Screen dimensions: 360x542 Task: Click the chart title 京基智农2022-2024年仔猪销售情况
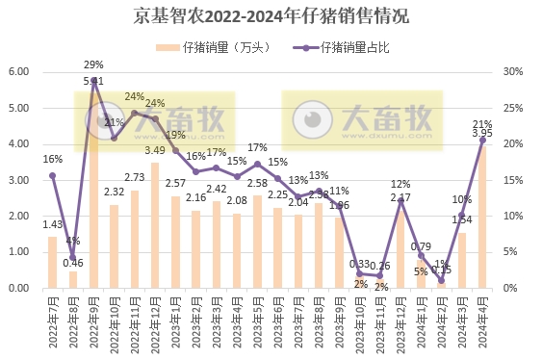tap(271, 16)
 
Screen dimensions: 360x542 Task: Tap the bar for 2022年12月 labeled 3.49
tap(155, 225)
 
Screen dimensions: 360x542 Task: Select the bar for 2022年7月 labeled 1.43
tap(52, 262)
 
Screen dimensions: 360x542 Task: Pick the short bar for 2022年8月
tap(72, 279)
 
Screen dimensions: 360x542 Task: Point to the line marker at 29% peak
tap(93, 80)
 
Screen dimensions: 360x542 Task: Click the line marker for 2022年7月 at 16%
tap(52, 175)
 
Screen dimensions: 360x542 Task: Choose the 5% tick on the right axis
tap(511, 252)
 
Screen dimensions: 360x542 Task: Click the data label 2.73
tap(134, 177)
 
